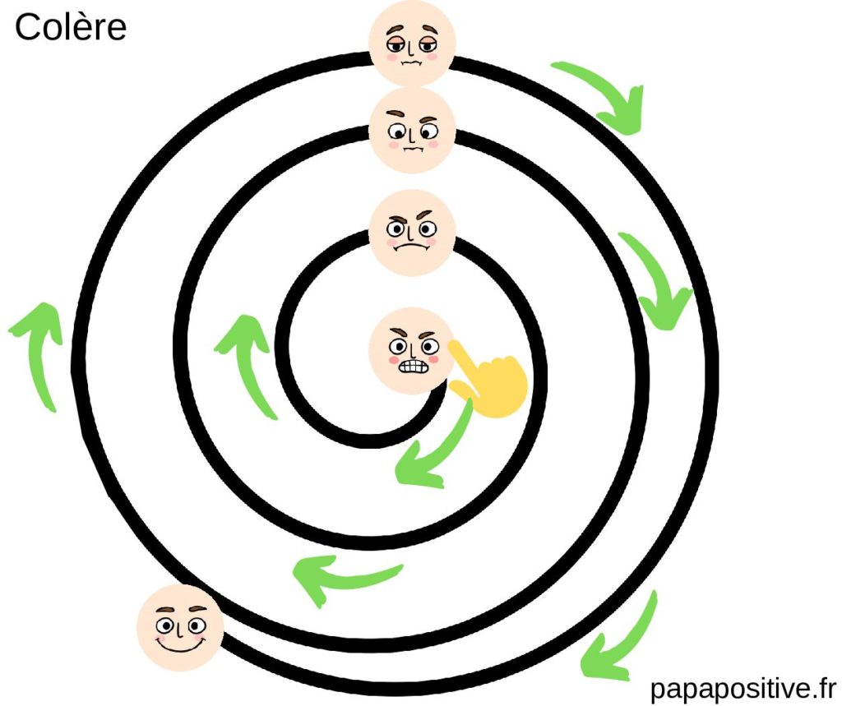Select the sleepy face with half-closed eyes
coord(411,43)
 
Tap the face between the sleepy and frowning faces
coord(411,131)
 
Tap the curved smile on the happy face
coord(180,644)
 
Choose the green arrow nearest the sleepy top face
coord(600,95)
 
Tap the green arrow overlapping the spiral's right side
coord(658,279)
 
